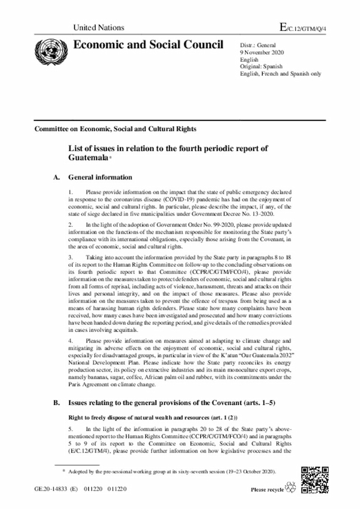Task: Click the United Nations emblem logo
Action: [x=48, y=49]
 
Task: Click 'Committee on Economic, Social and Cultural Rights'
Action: [x=115, y=129]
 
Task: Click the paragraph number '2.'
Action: [x=70, y=224]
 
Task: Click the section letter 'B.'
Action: [x=56, y=404]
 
